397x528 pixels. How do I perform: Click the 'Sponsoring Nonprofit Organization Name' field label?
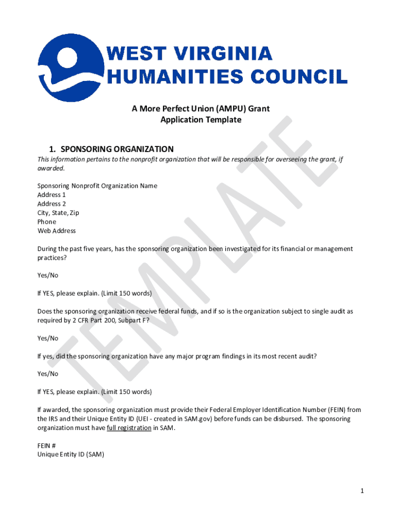[97, 186]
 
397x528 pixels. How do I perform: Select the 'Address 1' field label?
[52, 195]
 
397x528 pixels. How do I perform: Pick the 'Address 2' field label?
[52, 204]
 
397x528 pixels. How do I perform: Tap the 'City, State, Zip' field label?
[58, 213]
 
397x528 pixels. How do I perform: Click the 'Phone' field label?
[46, 222]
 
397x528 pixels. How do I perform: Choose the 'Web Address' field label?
[56, 231]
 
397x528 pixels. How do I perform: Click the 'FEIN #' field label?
[46, 445]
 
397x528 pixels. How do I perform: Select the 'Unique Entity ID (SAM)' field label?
[71, 454]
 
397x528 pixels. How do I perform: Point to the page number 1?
[362, 491]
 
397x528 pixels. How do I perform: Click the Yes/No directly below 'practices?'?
[47, 275]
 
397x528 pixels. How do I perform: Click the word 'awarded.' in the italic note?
[51, 168]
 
